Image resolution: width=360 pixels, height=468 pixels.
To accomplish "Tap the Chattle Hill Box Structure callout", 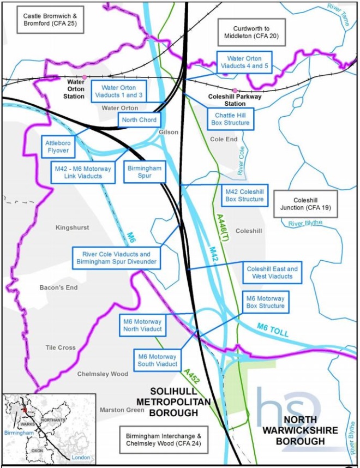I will [x=232, y=119].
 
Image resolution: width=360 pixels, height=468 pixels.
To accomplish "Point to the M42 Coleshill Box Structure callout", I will [x=245, y=195].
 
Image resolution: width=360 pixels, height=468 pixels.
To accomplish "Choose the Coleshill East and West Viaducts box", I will [x=272, y=273].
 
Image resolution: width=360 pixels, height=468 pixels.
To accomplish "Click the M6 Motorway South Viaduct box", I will [x=158, y=360].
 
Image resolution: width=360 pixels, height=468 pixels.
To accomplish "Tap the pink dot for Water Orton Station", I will [x=85, y=77].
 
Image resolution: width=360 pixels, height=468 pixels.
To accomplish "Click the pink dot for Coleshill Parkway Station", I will [x=235, y=91].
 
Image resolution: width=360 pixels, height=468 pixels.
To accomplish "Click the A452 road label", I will [x=191, y=377].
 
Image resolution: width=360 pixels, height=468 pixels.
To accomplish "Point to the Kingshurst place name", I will [x=73, y=227].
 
